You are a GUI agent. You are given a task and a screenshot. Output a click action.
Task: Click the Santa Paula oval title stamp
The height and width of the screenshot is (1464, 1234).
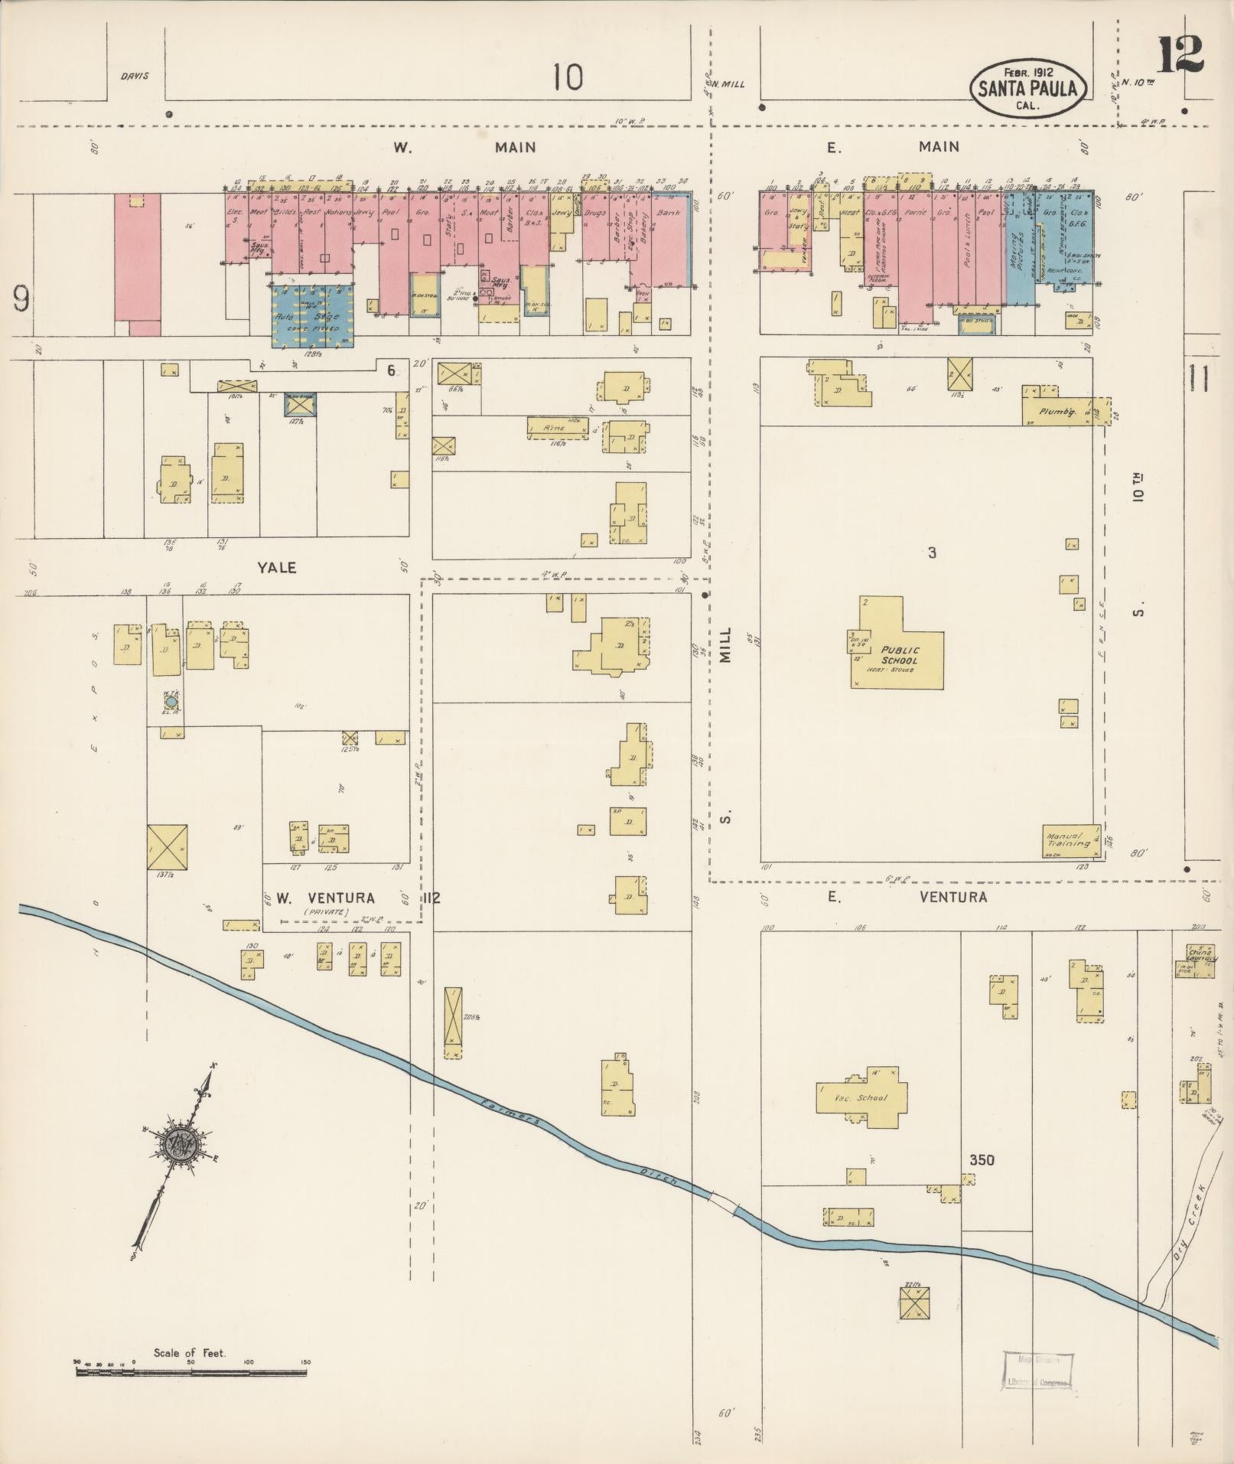[x=1027, y=89]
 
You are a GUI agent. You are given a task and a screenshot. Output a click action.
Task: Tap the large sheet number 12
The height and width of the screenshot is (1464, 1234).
[x=1180, y=55]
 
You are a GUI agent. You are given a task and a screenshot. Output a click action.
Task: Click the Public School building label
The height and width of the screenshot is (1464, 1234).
[x=900, y=656]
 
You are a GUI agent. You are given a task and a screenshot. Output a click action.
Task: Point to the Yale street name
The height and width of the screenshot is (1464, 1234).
[x=276, y=568]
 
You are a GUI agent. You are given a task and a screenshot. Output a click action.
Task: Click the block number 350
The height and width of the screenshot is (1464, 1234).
[x=982, y=1160]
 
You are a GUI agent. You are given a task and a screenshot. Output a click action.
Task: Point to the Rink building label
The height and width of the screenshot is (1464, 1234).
[x=555, y=429]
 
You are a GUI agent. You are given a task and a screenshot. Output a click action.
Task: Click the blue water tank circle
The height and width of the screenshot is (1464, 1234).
[x=171, y=701]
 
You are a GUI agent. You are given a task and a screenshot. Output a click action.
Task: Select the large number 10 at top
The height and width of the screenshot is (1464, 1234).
[x=568, y=77]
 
